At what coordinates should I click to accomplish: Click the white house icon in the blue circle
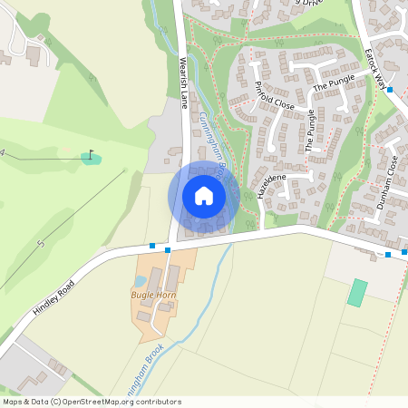204,195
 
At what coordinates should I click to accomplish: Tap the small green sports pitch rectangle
358,293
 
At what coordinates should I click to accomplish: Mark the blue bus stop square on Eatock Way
390,90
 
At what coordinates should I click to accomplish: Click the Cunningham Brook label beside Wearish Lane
218,150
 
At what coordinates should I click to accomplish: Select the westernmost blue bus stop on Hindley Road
151,246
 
